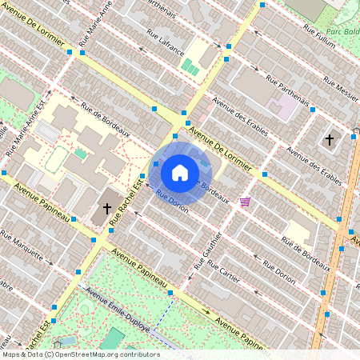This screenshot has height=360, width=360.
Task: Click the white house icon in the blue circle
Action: [180, 172]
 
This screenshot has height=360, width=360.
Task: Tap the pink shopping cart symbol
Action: [245, 202]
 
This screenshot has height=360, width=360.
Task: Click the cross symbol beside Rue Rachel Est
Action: [106, 207]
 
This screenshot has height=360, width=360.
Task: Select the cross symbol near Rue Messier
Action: [329, 139]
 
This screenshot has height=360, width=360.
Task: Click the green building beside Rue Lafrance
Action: [190, 67]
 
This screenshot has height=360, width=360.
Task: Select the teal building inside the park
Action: [113, 339]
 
